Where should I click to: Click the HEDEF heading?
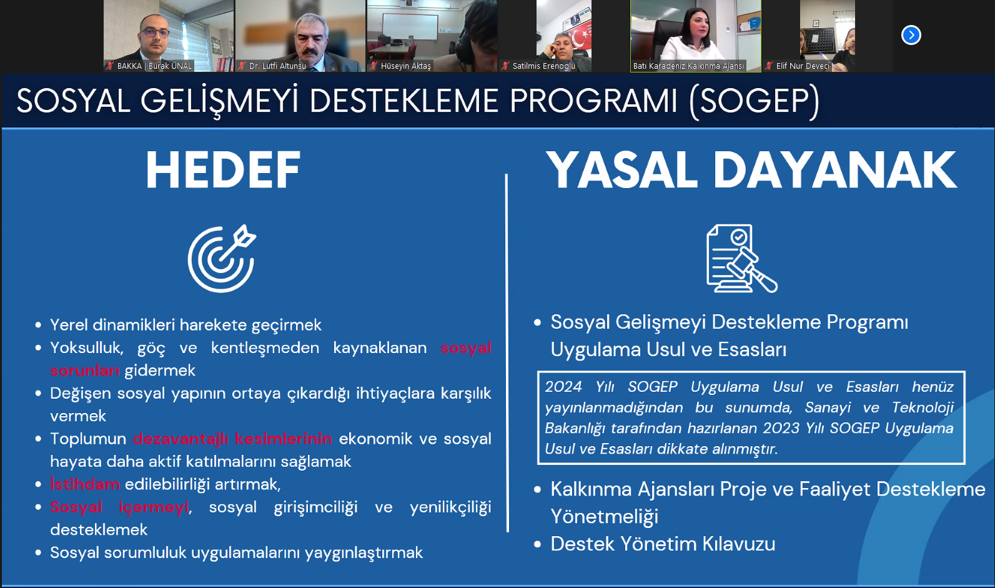[x=223, y=170]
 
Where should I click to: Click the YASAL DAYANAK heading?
[x=751, y=170]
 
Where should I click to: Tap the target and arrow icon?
[x=222, y=259]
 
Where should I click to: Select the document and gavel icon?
[x=742, y=258]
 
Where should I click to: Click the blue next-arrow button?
[x=911, y=35]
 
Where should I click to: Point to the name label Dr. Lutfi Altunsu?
[x=277, y=66]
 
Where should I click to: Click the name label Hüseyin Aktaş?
[x=405, y=66]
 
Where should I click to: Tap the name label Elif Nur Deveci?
[x=803, y=66]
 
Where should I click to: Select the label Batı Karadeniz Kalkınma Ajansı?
[x=688, y=66]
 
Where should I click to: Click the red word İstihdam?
[x=85, y=484]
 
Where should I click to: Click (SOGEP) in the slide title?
[x=754, y=101]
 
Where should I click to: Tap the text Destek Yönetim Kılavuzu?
[x=663, y=544]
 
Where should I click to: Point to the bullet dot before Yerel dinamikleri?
[x=38, y=326]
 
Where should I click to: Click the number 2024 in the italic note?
[x=563, y=387]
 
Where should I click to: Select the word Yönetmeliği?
[x=604, y=517]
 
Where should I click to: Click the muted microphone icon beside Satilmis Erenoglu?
[x=505, y=66]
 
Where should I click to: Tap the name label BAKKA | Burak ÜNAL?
[x=154, y=66]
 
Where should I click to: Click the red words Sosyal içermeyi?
[x=119, y=507]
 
